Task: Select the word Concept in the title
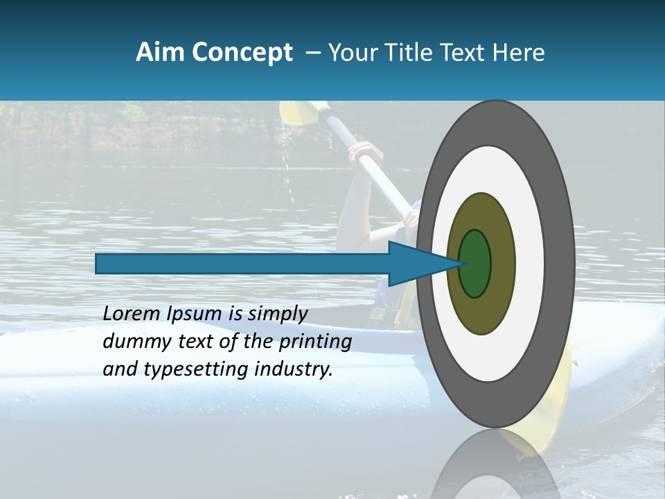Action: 242,53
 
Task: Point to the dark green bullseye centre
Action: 475,263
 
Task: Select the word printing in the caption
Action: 315,342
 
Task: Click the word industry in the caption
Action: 294,369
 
